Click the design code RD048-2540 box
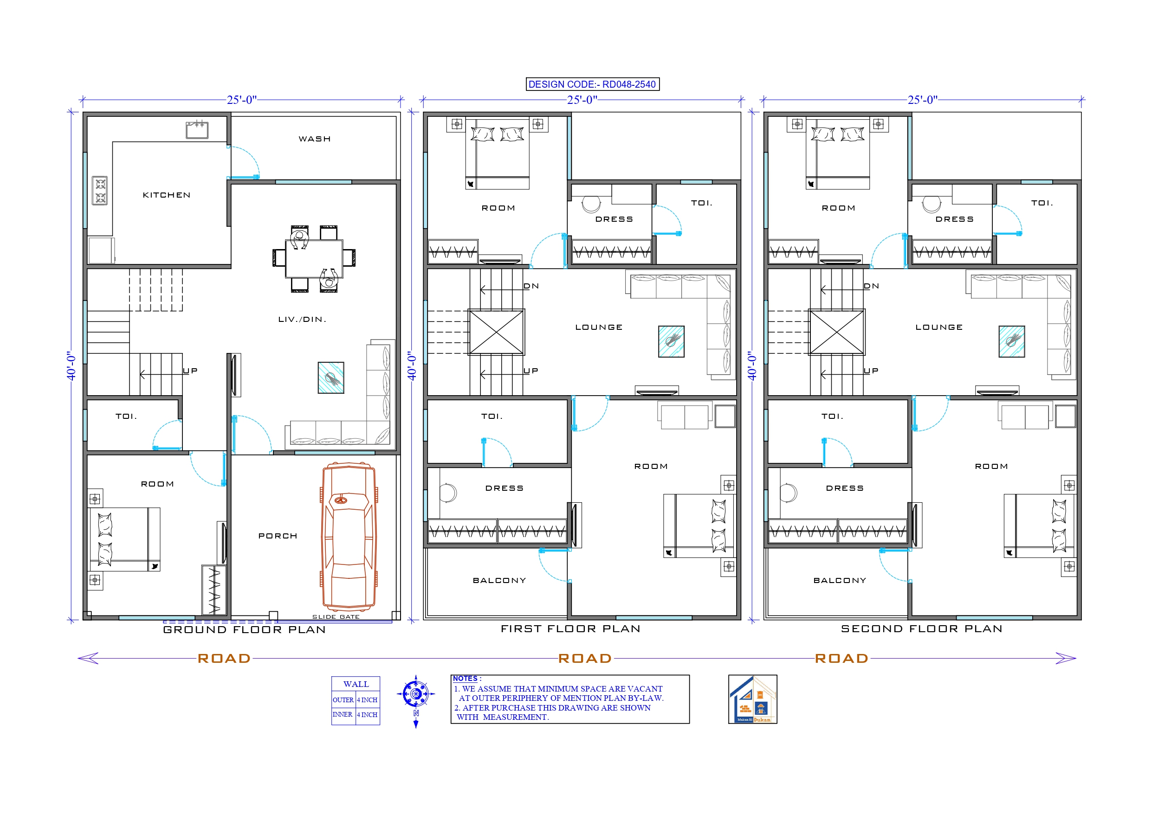(x=592, y=84)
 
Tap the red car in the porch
(x=349, y=536)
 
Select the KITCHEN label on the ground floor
(x=167, y=195)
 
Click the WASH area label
(x=315, y=139)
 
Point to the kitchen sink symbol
(x=197, y=129)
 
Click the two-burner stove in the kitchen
(x=100, y=191)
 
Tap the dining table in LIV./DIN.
(x=314, y=258)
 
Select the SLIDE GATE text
(x=336, y=617)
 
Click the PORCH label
(x=278, y=536)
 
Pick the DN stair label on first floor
(x=531, y=286)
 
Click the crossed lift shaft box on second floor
(x=836, y=332)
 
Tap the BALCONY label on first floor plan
(x=499, y=580)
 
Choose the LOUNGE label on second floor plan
(x=939, y=327)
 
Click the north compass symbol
(x=415, y=695)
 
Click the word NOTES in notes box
(x=465, y=679)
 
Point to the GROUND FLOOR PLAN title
(x=244, y=629)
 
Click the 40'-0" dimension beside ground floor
(x=72, y=365)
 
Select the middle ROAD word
(x=585, y=659)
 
